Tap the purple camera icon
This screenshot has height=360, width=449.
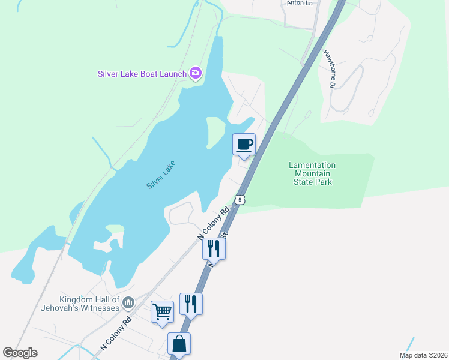click(195, 73)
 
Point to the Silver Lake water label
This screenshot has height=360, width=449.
click(161, 175)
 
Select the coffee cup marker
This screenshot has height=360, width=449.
click(244, 145)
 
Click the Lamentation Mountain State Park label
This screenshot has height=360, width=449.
click(312, 173)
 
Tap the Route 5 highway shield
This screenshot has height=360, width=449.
click(240, 199)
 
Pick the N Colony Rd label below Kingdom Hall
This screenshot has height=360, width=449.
click(116, 334)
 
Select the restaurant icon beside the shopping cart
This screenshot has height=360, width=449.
click(191, 304)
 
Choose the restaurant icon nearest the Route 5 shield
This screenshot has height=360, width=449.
click(213, 248)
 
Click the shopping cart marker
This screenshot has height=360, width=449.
click(162, 312)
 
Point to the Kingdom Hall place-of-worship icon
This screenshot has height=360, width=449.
click(127, 304)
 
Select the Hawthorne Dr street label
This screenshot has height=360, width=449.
click(330, 70)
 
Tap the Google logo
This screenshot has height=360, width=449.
click(20, 353)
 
